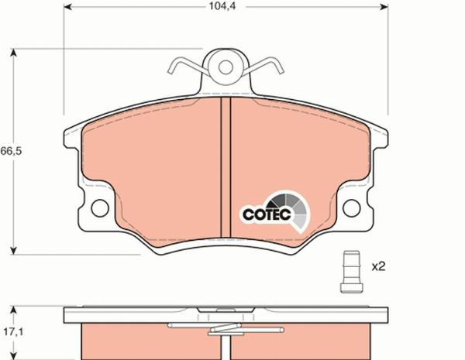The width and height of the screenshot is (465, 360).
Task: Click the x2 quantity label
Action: point(378,267)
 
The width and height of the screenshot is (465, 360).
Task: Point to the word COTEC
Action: point(266,214)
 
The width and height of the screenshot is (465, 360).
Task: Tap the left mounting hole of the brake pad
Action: point(98,208)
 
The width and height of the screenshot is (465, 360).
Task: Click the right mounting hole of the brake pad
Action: point(351,208)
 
